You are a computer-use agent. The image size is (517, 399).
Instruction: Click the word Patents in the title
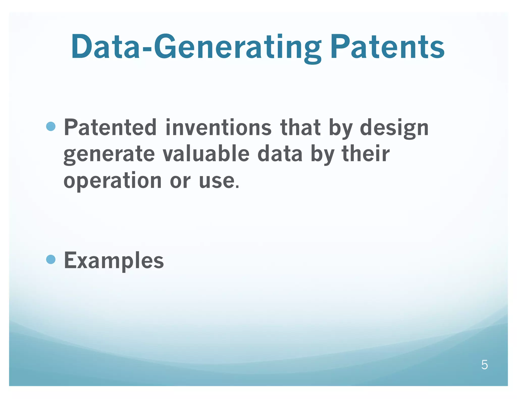pyautogui.click(x=387, y=47)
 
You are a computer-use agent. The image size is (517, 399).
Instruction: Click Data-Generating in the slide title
pyautogui.click(x=196, y=47)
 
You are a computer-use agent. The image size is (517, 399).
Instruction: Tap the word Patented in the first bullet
pyautogui.click(x=110, y=127)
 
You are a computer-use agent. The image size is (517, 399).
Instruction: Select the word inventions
pyautogui.click(x=218, y=127)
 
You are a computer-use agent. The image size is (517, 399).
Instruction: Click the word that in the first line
pyautogui.click(x=300, y=127)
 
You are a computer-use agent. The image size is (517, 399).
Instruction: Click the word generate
pyautogui.click(x=109, y=154)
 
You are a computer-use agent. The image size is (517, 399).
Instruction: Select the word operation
pyautogui.click(x=112, y=181)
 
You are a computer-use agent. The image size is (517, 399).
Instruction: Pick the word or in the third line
pyautogui.click(x=180, y=181)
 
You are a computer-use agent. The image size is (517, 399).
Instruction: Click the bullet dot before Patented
pyautogui.click(x=51, y=126)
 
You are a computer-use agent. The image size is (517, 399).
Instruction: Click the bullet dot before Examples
pyautogui.click(x=51, y=259)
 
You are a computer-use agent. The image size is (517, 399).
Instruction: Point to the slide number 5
pyautogui.click(x=484, y=365)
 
